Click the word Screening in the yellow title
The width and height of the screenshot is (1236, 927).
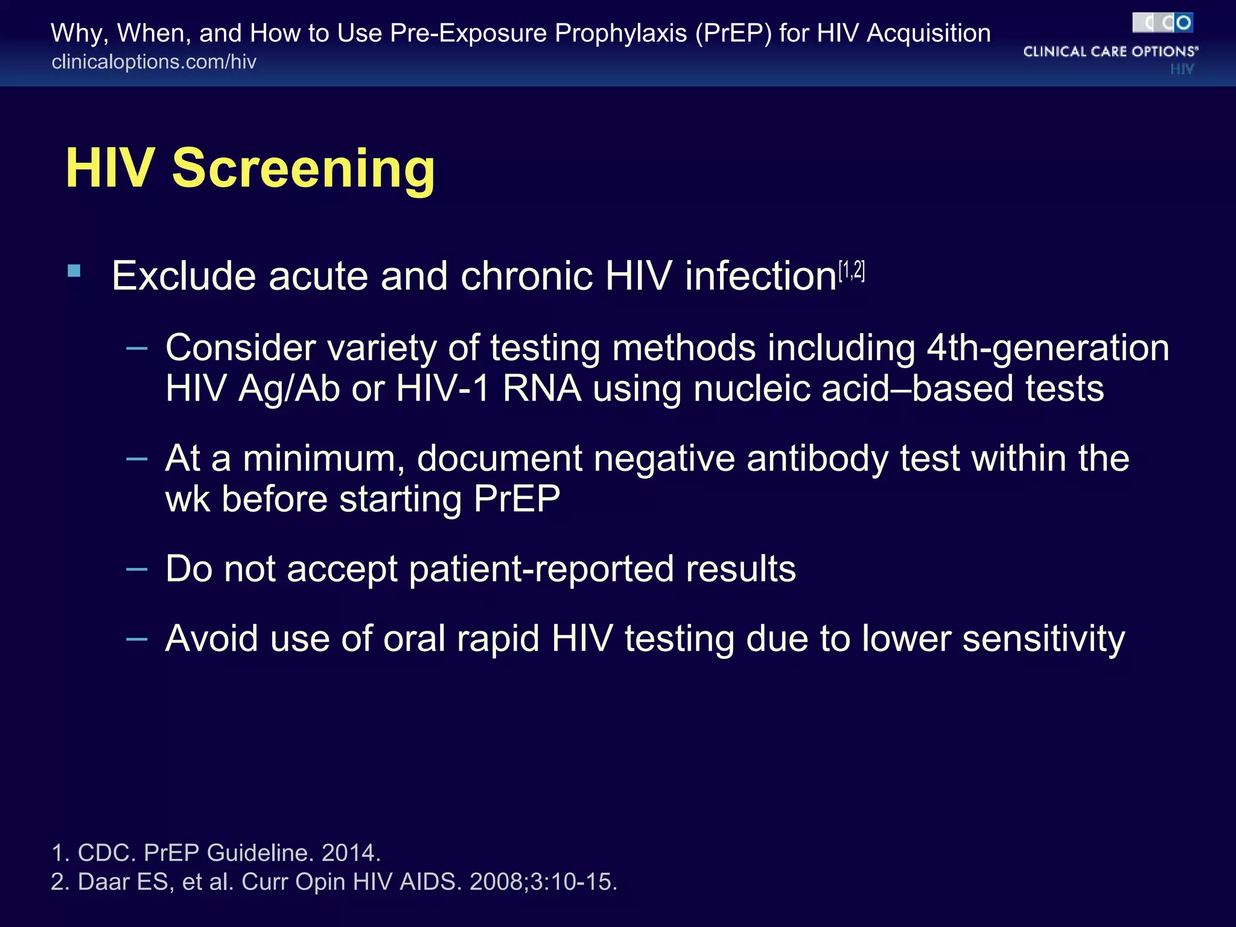[x=303, y=170]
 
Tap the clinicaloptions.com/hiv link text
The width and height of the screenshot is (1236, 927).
[x=154, y=62]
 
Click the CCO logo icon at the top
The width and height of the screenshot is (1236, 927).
[x=1162, y=23]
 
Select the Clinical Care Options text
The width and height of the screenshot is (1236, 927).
[x=1110, y=52]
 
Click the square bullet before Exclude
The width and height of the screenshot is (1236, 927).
[x=74, y=271]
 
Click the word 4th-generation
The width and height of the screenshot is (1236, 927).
[x=1048, y=348]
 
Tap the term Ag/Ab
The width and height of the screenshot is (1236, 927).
[x=289, y=389]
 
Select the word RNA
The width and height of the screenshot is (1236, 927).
[x=541, y=389]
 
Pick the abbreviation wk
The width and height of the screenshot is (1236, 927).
[x=188, y=499]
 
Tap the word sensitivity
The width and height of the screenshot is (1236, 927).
[x=1043, y=639]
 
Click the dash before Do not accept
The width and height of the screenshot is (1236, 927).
[x=137, y=569]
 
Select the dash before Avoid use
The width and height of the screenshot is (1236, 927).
[x=137, y=639]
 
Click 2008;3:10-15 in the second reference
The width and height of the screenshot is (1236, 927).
[x=543, y=882]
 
